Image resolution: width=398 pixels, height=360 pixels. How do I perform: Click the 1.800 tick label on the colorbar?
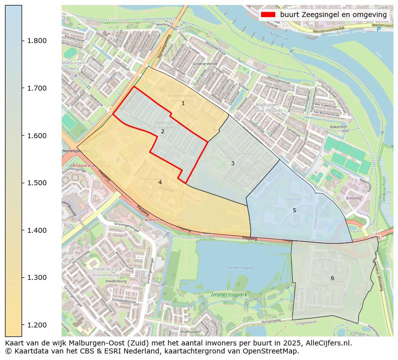[x=37, y=41]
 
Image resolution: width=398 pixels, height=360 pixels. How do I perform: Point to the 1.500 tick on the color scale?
[x=37, y=183]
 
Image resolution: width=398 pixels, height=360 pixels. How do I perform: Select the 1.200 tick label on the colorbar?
[x=37, y=325]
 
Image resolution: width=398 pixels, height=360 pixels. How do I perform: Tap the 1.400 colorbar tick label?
[x=37, y=230]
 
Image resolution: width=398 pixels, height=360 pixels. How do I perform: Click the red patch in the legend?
[x=268, y=15]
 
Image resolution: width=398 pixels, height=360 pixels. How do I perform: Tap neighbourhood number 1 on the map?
[x=183, y=104]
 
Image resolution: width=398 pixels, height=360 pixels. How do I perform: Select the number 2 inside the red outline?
[x=162, y=132]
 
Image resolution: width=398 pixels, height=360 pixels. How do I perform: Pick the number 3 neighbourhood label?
[x=233, y=164]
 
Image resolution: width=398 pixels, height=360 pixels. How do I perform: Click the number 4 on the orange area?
[x=160, y=182]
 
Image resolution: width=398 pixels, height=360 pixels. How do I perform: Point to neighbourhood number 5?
[x=294, y=210]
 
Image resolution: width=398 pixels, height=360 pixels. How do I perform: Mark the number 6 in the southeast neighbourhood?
[x=332, y=278]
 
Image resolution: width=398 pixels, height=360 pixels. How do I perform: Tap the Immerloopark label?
[x=229, y=295]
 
